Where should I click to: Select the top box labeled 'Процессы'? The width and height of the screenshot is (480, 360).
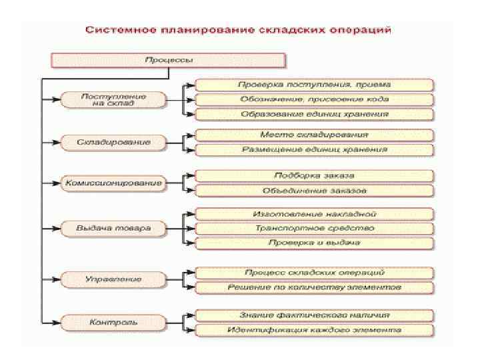[169, 61]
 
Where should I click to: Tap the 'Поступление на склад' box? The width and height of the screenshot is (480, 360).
[113, 100]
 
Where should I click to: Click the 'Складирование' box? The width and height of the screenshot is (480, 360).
[113, 142]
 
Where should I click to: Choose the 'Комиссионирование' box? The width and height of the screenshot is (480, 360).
[113, 183]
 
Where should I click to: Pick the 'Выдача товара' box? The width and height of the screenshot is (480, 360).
[113, 228]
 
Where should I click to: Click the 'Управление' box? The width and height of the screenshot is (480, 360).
[113, 279]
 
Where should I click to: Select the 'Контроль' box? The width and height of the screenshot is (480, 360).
[113, 322]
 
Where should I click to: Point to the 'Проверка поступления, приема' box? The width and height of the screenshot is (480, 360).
[315, 85]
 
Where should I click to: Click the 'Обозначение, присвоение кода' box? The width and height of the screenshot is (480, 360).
[315, 99]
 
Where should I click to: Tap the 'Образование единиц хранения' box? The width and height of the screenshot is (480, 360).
[315, 114]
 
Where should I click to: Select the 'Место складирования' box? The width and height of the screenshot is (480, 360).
[315, 135]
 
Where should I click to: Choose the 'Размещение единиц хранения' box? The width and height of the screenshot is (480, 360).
[315, 149]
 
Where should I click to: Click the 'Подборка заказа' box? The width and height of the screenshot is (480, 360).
[315, 176]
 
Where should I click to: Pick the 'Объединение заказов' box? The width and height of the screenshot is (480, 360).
[315, 191]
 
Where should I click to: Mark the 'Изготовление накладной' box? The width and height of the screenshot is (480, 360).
[315, 215]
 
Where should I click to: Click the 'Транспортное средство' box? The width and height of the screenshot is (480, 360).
[315, 228]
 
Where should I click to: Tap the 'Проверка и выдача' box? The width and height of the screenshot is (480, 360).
[315, 243]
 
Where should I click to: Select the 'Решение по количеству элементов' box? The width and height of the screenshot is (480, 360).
[315, 287]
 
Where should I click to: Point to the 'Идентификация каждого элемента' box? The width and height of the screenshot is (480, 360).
[315, 330]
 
